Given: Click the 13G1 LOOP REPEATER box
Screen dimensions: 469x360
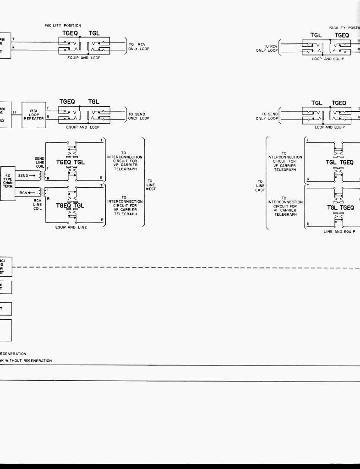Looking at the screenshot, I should pyautogui.click(x=34, y=115).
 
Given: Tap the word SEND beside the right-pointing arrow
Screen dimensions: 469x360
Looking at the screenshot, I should pyautogui.click(x=23, y=175).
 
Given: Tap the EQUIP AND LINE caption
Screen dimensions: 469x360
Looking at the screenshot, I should pyautogui.click(x=71, y=227).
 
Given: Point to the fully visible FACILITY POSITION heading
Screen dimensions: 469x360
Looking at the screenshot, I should pyautogui.click(x=63, y=26).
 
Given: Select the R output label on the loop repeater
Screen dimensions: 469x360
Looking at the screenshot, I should pyautogui.click(x=48, y=117).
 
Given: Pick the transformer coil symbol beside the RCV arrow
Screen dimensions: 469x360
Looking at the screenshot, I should pyautogui.click(x=42, y=192).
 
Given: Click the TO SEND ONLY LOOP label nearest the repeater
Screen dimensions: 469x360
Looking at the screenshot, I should pyautogui.click(x=138, y=116).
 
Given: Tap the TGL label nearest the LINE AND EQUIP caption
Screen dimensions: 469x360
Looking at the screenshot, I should pyautogui.click(x=332, y=208).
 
